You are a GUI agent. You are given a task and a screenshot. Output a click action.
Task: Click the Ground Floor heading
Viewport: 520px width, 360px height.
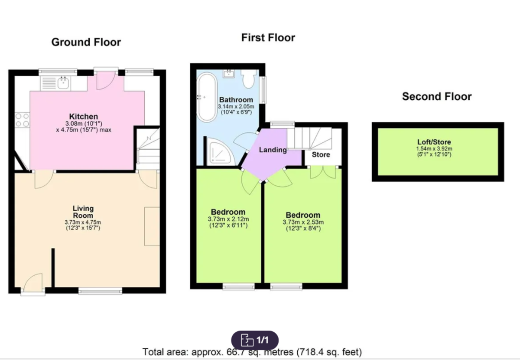(x=86, y=43)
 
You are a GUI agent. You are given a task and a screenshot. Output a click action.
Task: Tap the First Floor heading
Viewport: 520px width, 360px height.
(x=268, y=38)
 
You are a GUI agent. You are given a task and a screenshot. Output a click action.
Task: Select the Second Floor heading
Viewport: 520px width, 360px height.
(x=437, y=96)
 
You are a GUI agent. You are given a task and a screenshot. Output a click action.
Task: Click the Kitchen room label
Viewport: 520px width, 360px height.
(x=84, y=116)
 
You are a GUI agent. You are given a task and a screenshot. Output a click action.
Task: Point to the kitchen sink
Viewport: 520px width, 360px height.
(x=63, y=83)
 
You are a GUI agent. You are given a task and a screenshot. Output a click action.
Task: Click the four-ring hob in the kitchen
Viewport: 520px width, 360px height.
(x=22, y=120)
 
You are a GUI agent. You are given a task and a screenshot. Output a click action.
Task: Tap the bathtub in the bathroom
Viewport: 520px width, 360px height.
(x=207, y=97)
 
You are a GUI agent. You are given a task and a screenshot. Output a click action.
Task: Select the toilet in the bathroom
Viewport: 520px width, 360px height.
(x=248, y=79)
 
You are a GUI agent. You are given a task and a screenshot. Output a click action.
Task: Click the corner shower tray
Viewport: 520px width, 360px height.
(x=219, y=151)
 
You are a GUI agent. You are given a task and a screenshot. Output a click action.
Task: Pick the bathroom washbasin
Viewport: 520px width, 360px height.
(x=229, y=74)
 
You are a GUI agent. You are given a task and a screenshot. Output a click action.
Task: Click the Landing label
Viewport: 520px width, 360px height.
(x=273, y=150)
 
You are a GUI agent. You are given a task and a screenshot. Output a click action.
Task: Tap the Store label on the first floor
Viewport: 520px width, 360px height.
(x=321, y=154)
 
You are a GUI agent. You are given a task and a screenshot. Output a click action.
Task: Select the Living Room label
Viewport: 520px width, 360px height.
(x=83, y=212)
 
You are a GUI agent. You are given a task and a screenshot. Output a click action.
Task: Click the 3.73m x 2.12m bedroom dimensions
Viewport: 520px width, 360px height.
(x=228, y=222)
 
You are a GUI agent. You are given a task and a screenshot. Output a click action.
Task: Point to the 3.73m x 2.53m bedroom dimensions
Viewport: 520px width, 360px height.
(x=303, y=225)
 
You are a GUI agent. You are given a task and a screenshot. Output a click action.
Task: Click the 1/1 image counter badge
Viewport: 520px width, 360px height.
(x=255, y=340)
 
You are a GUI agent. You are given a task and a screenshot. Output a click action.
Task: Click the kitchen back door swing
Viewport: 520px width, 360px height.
(x=106, y=80)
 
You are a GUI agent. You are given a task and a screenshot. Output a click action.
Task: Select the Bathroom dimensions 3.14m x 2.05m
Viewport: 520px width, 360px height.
(x=236, y=109)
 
